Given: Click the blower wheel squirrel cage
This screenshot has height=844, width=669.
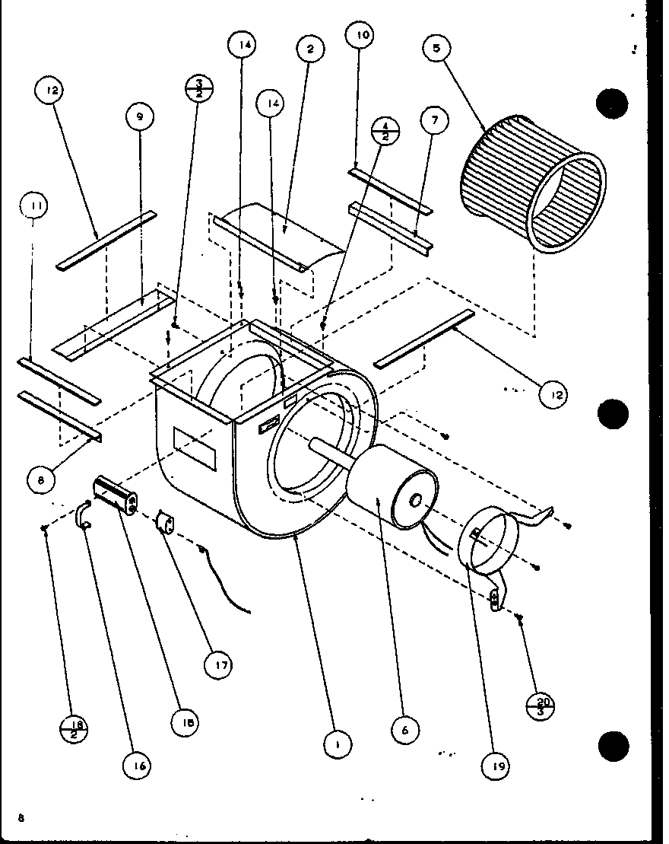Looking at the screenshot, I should [532, 185].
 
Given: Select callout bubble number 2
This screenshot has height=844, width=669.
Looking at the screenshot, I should [309, 49].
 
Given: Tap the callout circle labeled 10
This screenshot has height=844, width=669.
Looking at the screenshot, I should [360, 36].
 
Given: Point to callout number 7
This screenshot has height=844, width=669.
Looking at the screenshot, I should [433, 120].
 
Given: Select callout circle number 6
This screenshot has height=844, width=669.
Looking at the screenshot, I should [405, 730].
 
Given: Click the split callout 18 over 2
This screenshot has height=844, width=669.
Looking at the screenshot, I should [75, 729].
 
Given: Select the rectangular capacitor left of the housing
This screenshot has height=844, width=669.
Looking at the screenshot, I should [116, 496].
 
